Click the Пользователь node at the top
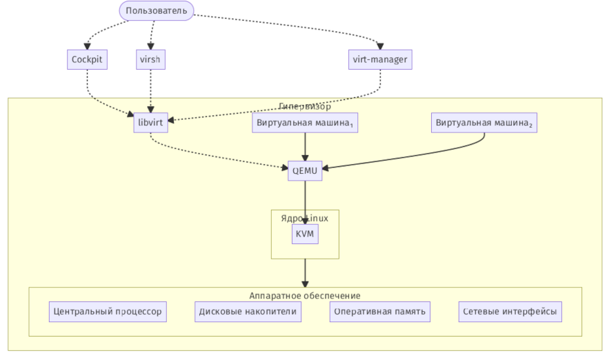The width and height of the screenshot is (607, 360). click(157, 10)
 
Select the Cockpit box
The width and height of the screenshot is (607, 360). click(87, 60)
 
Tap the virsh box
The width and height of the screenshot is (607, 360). click(150, 60)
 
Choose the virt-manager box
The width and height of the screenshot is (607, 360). click(380, 60)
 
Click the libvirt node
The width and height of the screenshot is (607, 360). click(150, 123)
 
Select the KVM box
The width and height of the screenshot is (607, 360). click(305, 234)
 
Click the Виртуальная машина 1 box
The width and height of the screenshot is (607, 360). click(305, 123)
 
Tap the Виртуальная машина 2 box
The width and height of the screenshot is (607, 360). click(484, 123)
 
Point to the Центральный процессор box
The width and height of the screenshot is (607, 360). click(108, 312)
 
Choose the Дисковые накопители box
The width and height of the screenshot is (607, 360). click(248, 312)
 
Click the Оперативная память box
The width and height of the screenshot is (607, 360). click(380, 312)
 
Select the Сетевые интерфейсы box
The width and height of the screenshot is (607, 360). click(510, 312)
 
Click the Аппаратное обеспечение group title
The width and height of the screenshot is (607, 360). click(305, 295)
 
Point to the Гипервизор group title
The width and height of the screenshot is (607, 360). click(305, 106)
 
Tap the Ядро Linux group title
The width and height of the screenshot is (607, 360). click(305, 218)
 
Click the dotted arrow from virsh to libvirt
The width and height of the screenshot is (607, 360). click(150, 90)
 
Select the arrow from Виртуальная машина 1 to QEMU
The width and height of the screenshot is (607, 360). click(305, 147)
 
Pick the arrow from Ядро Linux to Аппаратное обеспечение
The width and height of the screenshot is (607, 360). click(305, 272)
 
